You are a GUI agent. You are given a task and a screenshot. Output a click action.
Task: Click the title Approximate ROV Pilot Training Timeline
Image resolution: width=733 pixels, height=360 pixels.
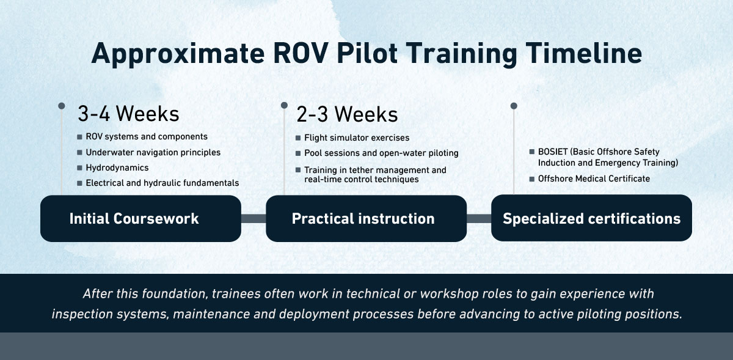(x=366, y=54)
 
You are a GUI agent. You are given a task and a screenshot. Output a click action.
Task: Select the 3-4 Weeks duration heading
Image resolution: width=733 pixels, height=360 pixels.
(x=128, y=114)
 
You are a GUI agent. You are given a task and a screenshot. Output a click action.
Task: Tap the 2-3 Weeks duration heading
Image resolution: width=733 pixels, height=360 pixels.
(x=347, y=114)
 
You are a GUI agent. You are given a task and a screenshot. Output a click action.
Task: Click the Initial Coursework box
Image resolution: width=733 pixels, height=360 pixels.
(x=140, y=219)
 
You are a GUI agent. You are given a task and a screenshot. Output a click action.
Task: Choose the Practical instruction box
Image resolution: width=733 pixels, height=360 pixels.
(x=366, y=219)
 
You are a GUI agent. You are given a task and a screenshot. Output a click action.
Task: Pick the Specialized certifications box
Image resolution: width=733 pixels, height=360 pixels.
(x=591, y=219)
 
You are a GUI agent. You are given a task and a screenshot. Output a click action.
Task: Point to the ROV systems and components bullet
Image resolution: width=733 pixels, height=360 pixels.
(x=147, y=137)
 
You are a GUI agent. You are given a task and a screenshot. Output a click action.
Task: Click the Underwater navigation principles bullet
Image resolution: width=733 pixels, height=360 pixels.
(x=153, y=152)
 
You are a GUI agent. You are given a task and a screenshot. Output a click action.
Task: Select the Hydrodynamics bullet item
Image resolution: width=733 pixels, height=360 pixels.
(x=117, y=167)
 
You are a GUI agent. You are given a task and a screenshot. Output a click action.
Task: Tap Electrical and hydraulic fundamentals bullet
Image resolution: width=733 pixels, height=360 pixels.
(x=162, y=183)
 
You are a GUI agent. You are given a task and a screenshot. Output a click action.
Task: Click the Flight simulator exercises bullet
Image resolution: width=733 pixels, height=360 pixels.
(x=357, y=138)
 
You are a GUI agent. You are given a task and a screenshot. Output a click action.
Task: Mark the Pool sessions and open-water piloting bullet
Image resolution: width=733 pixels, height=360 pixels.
(x=381, y=153)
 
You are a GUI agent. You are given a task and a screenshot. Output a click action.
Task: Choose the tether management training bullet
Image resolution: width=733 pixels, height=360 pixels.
(x=375, y=174)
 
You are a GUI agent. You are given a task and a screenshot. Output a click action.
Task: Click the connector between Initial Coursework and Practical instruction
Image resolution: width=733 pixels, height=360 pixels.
(x=253, y=219)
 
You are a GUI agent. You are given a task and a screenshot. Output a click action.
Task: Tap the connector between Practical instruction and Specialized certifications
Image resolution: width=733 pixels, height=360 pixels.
(x=479, y=219)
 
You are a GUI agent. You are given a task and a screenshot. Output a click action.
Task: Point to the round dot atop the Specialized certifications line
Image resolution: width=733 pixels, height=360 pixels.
(x=514, y=106)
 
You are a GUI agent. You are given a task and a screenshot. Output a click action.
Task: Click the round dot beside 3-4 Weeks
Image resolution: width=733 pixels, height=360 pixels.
(x=62, y=106)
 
